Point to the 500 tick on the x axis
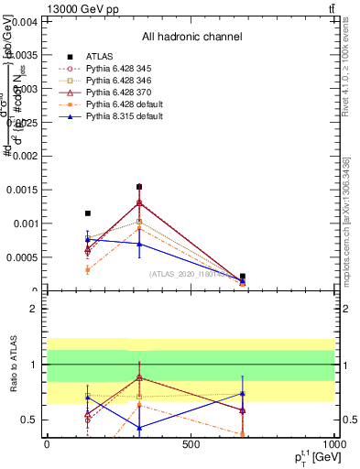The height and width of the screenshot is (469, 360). [x=191, y=444]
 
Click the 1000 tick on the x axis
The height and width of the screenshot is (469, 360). [x=333, y=444]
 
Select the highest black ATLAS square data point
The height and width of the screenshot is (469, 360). [x=139, y=187]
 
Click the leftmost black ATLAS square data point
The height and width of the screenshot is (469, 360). [x=87, y=213]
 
